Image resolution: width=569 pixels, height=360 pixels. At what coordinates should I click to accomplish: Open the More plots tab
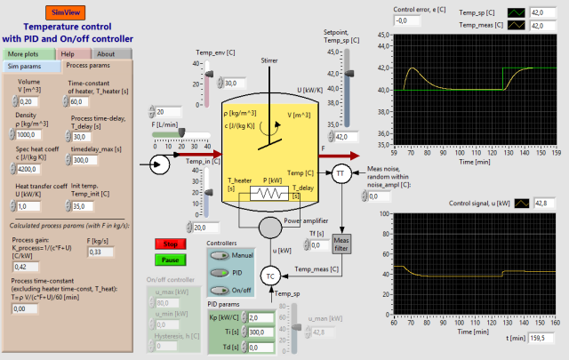pyautogui.click(x=25, y=53)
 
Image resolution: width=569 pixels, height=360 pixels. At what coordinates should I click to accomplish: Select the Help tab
pyautogui.click(x=68, y=53)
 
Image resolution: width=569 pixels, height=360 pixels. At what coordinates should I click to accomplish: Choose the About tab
pyautogui.click(x=105, y=53)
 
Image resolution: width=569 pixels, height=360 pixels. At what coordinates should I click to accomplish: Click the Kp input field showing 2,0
pyautogui.click(x=261, y=317)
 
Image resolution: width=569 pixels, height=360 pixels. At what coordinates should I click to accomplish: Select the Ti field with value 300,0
pyautogui.click(x=261, y=332)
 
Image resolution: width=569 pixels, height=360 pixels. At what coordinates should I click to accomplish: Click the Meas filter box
pyautogui.click(x=342, y=243)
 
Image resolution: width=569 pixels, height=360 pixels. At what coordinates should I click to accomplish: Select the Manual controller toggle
pyautogui.click(x=219, y=255)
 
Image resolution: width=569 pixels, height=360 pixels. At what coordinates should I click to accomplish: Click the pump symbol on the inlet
pyautogui.click(x=160, y=164)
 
